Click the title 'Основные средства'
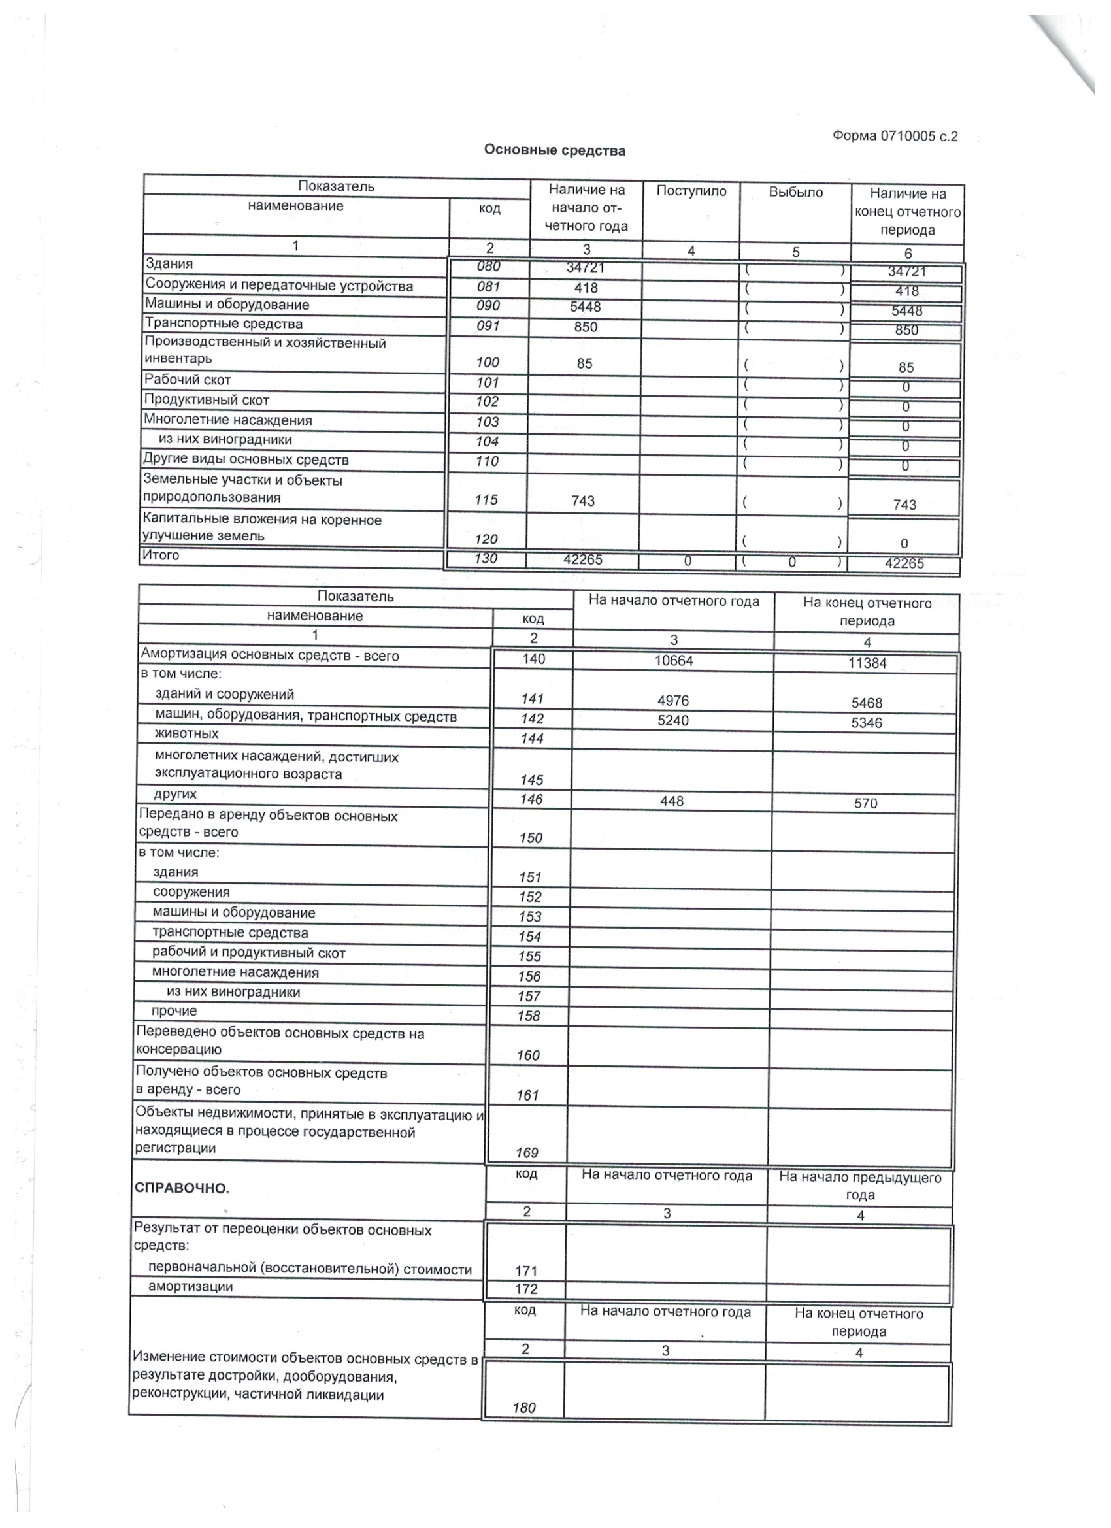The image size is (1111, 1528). (554, 150)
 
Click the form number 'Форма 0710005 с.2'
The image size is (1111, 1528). (894, 136)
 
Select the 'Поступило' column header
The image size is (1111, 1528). (691, 191)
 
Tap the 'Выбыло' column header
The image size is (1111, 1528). (796, 193)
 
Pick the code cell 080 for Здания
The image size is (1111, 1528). (488, 266)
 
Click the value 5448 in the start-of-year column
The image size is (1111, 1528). (585, 307)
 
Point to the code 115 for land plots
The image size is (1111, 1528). (486, 500)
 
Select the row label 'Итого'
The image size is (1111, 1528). (160, 555)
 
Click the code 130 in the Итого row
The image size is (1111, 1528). (486, 559)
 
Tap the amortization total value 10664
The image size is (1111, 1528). (673, 661)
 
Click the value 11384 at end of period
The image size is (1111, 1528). (867, 663)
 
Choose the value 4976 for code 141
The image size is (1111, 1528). (673, 701)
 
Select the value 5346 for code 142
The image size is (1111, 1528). (867, 723)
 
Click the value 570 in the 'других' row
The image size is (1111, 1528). (866, 803)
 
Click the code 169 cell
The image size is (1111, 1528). (527, 1153)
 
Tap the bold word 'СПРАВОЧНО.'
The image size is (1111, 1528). (182, 1188)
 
